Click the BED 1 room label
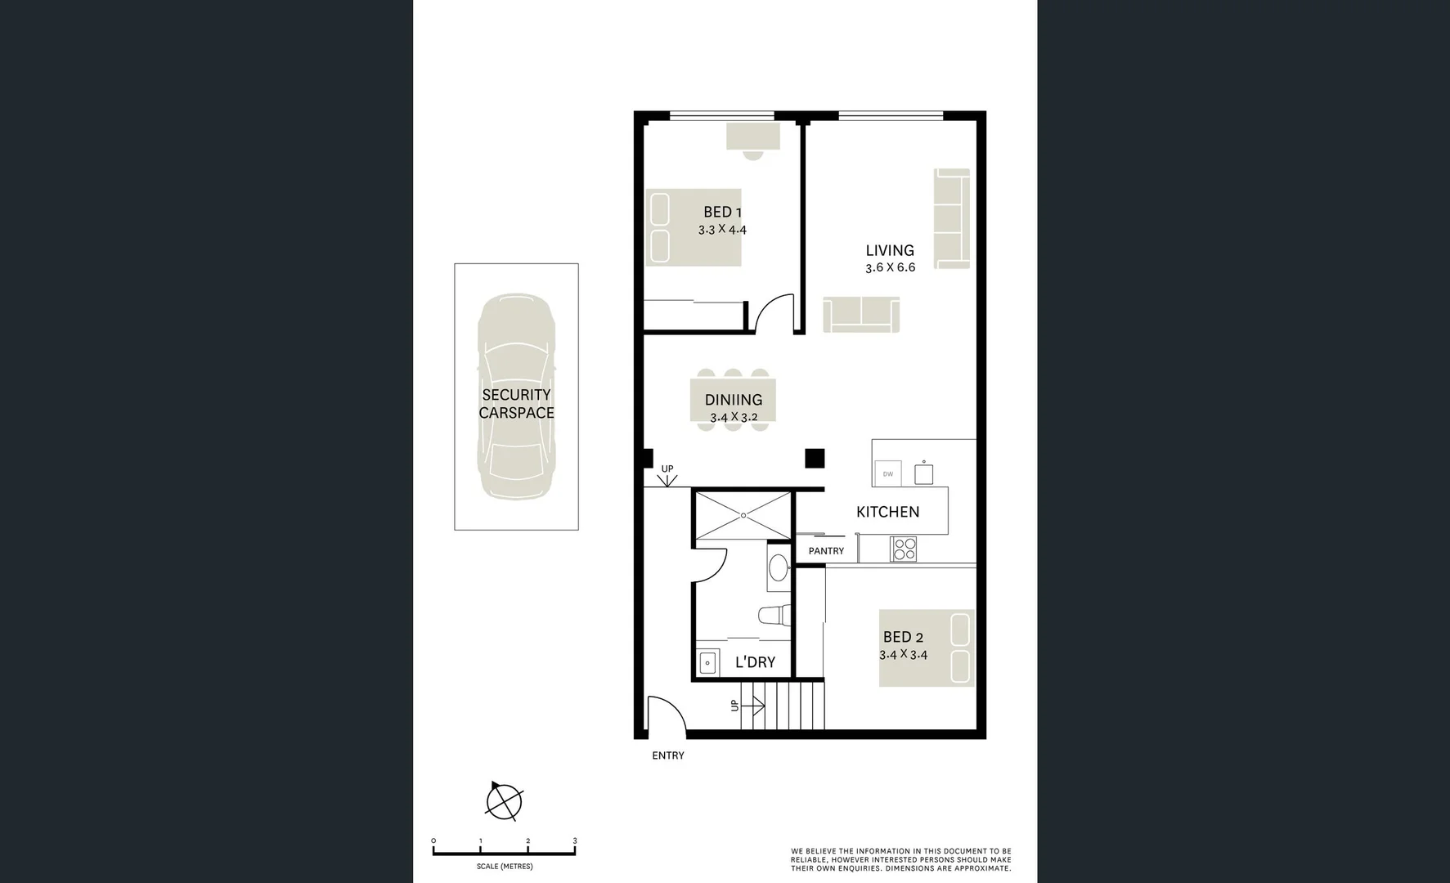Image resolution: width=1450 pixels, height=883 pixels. [x=722, y=213]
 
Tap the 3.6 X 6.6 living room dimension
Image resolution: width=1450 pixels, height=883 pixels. [x=890, y=267]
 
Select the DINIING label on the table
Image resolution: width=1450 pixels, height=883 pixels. [x=734, y=400]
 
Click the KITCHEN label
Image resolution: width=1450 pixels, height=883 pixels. [x=887, y=512]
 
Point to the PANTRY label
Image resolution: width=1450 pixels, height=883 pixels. [x=826, y=551]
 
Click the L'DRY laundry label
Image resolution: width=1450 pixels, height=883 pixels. [x=754, y=662]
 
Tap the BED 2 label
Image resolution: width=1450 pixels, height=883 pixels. [x=903, y=638]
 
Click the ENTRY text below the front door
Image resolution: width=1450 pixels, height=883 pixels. [x=667, y=755]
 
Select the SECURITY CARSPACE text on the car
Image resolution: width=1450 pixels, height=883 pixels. [x=516, y=404]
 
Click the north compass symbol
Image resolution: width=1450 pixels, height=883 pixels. [x=504, y=800]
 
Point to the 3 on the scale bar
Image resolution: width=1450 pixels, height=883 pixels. [x=575, y=841]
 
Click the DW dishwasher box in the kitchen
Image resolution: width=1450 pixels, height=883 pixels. [x=887, y=473]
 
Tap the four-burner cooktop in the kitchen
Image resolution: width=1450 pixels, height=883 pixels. [x=904, y=548]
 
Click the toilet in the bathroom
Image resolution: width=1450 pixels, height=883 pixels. [x=774, y=615]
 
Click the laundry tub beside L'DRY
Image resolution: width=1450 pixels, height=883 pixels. [x=707, y=662]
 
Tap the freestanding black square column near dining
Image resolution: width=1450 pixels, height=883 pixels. [x=814, y=459]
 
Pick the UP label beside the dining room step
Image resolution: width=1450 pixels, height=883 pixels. [x=667, y=468]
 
